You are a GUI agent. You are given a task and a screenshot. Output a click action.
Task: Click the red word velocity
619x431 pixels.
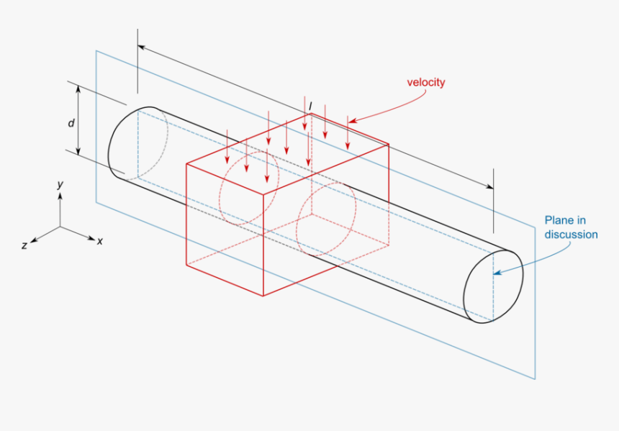point(425,82)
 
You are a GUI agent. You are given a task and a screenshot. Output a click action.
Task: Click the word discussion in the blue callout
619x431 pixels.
point(570,235)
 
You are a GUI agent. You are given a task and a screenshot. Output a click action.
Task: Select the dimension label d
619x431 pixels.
point(71,123)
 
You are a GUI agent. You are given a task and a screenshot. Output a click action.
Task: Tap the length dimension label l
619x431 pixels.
point(310,106)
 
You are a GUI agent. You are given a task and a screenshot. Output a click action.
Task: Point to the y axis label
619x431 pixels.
point(61,185)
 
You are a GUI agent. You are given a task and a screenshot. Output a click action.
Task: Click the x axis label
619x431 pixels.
point(99,242)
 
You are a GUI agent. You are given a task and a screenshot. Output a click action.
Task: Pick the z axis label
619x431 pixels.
point(24,245)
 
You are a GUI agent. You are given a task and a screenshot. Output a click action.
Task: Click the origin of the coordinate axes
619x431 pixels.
point(60,227)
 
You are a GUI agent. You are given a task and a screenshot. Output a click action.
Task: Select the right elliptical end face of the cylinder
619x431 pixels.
point(493,286)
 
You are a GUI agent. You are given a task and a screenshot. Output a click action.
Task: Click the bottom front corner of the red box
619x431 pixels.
point(263,296)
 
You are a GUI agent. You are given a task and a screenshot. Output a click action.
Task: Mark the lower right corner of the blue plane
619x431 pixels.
point(536,378)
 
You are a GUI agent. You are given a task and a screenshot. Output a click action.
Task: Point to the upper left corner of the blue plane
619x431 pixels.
point(96,51)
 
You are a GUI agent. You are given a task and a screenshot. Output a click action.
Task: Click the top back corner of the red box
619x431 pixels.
point(310,114)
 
